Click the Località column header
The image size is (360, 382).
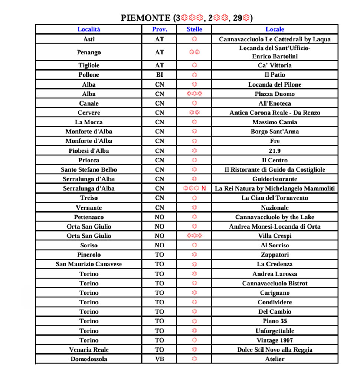pos(89,29)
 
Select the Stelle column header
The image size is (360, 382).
pos(194,29)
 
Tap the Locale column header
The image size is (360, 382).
pos(275,29)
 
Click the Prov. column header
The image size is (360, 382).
pos(159,29)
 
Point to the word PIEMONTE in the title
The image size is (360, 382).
pos(146,18)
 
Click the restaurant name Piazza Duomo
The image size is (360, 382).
pos(275,94)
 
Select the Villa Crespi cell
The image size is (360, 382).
pos(275,236)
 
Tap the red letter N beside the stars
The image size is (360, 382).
pos(203,188)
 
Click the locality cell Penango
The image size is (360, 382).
pos(89,52)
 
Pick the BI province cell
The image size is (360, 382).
pos(159,75)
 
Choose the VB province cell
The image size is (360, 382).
pos(159,359)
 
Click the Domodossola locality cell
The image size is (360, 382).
pos(89,359)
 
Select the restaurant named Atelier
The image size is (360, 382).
pos(275,359)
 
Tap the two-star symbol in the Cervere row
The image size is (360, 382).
pos(194,113)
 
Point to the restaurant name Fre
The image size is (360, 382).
pos(275,141)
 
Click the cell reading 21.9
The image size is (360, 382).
pos(275,151)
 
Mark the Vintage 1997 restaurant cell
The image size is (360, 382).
pos(275,340)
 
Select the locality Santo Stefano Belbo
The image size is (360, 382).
pos(89,169)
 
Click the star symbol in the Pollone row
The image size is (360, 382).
pos(194,75)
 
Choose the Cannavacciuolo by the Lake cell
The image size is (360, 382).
pos(275,217)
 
